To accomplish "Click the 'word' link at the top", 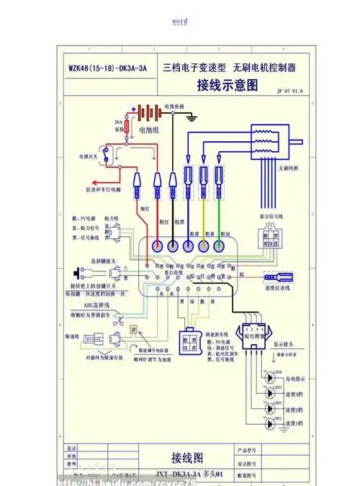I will tap(179, 21).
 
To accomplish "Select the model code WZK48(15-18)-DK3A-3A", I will tap(107, 69).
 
